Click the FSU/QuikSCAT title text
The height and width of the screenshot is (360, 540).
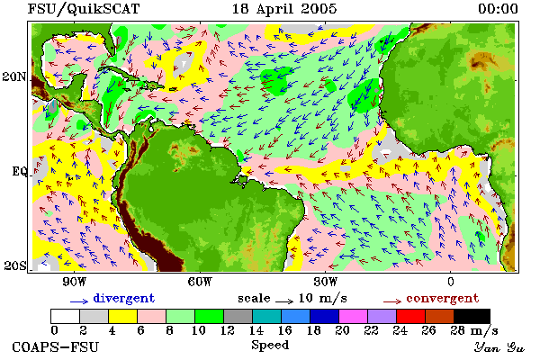(x=84, y=9)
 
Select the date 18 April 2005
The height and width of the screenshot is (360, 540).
(x=284, y=9)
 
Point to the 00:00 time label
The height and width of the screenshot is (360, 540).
(x=498, y=9)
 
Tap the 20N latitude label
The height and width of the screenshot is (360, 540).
(x=14, y=76)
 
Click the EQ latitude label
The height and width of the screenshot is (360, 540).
(x=20, y=171)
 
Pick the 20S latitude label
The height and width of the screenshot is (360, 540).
(x=15, y=265)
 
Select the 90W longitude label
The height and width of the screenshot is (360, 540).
(x=74, y=282)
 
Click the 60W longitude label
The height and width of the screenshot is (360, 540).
(x=200, y=282)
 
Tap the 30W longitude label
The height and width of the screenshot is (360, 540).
(x=326, y=282)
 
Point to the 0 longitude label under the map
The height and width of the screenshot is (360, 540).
(x=451, y=282)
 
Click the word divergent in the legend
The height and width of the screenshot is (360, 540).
(x=124, y=299)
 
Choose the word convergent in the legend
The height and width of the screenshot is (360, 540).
(x=443, y=298)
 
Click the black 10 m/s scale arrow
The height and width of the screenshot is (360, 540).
(x=284, y=301)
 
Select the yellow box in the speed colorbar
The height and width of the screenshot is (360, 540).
(x=123, y=316)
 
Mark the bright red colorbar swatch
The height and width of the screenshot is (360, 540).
(x=411, y=316)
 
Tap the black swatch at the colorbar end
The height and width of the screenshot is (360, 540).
(x=472, y=316)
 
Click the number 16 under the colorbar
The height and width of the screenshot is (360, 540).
(x=284, y=330)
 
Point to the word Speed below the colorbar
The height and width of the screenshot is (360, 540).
(x=270, y=346)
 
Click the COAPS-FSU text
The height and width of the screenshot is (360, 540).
(x=56, y=346)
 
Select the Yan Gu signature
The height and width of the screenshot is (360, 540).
(x=499, y=347)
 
